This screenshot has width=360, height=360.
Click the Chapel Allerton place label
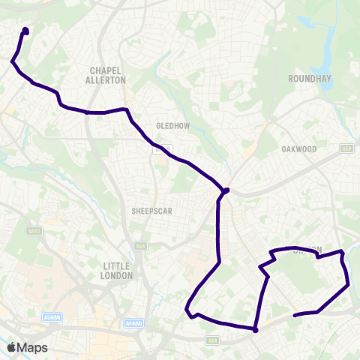point(106,74)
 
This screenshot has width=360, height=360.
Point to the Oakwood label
point(299,149)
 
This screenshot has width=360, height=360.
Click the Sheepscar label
point(151,211)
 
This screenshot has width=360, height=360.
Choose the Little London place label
point(116,271)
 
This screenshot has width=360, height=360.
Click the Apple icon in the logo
point(10,347)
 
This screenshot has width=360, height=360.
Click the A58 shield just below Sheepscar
point(139,245)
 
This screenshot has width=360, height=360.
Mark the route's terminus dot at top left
point(25,31)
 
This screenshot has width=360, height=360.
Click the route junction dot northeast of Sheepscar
point(226,190)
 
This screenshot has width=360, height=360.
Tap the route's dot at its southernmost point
point(255,329)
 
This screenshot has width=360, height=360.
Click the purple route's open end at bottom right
point(294,315)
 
